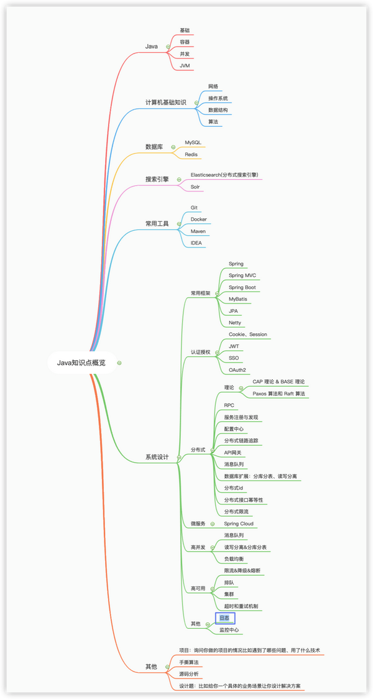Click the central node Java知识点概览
click(81, 363)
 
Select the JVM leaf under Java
click(185, 66)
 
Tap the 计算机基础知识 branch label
click(165, 103)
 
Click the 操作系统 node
click(218, 98)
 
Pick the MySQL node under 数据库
click(193, 142)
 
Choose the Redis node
click(191, 154)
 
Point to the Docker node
click(198, 220)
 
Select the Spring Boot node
click(242, 287)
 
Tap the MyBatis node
click(238, 299)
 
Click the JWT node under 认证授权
click(234, 346)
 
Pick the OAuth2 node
click(237, 370)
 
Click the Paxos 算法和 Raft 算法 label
click(279, 394)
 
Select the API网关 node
click(234, 453)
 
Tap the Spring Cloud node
click(239, 524)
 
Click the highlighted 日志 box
click(225, 618)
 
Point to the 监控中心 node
click(229, 630)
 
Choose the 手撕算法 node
click(189, 662)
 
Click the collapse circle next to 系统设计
click(178, 457)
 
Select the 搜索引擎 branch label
click(157, 179)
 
